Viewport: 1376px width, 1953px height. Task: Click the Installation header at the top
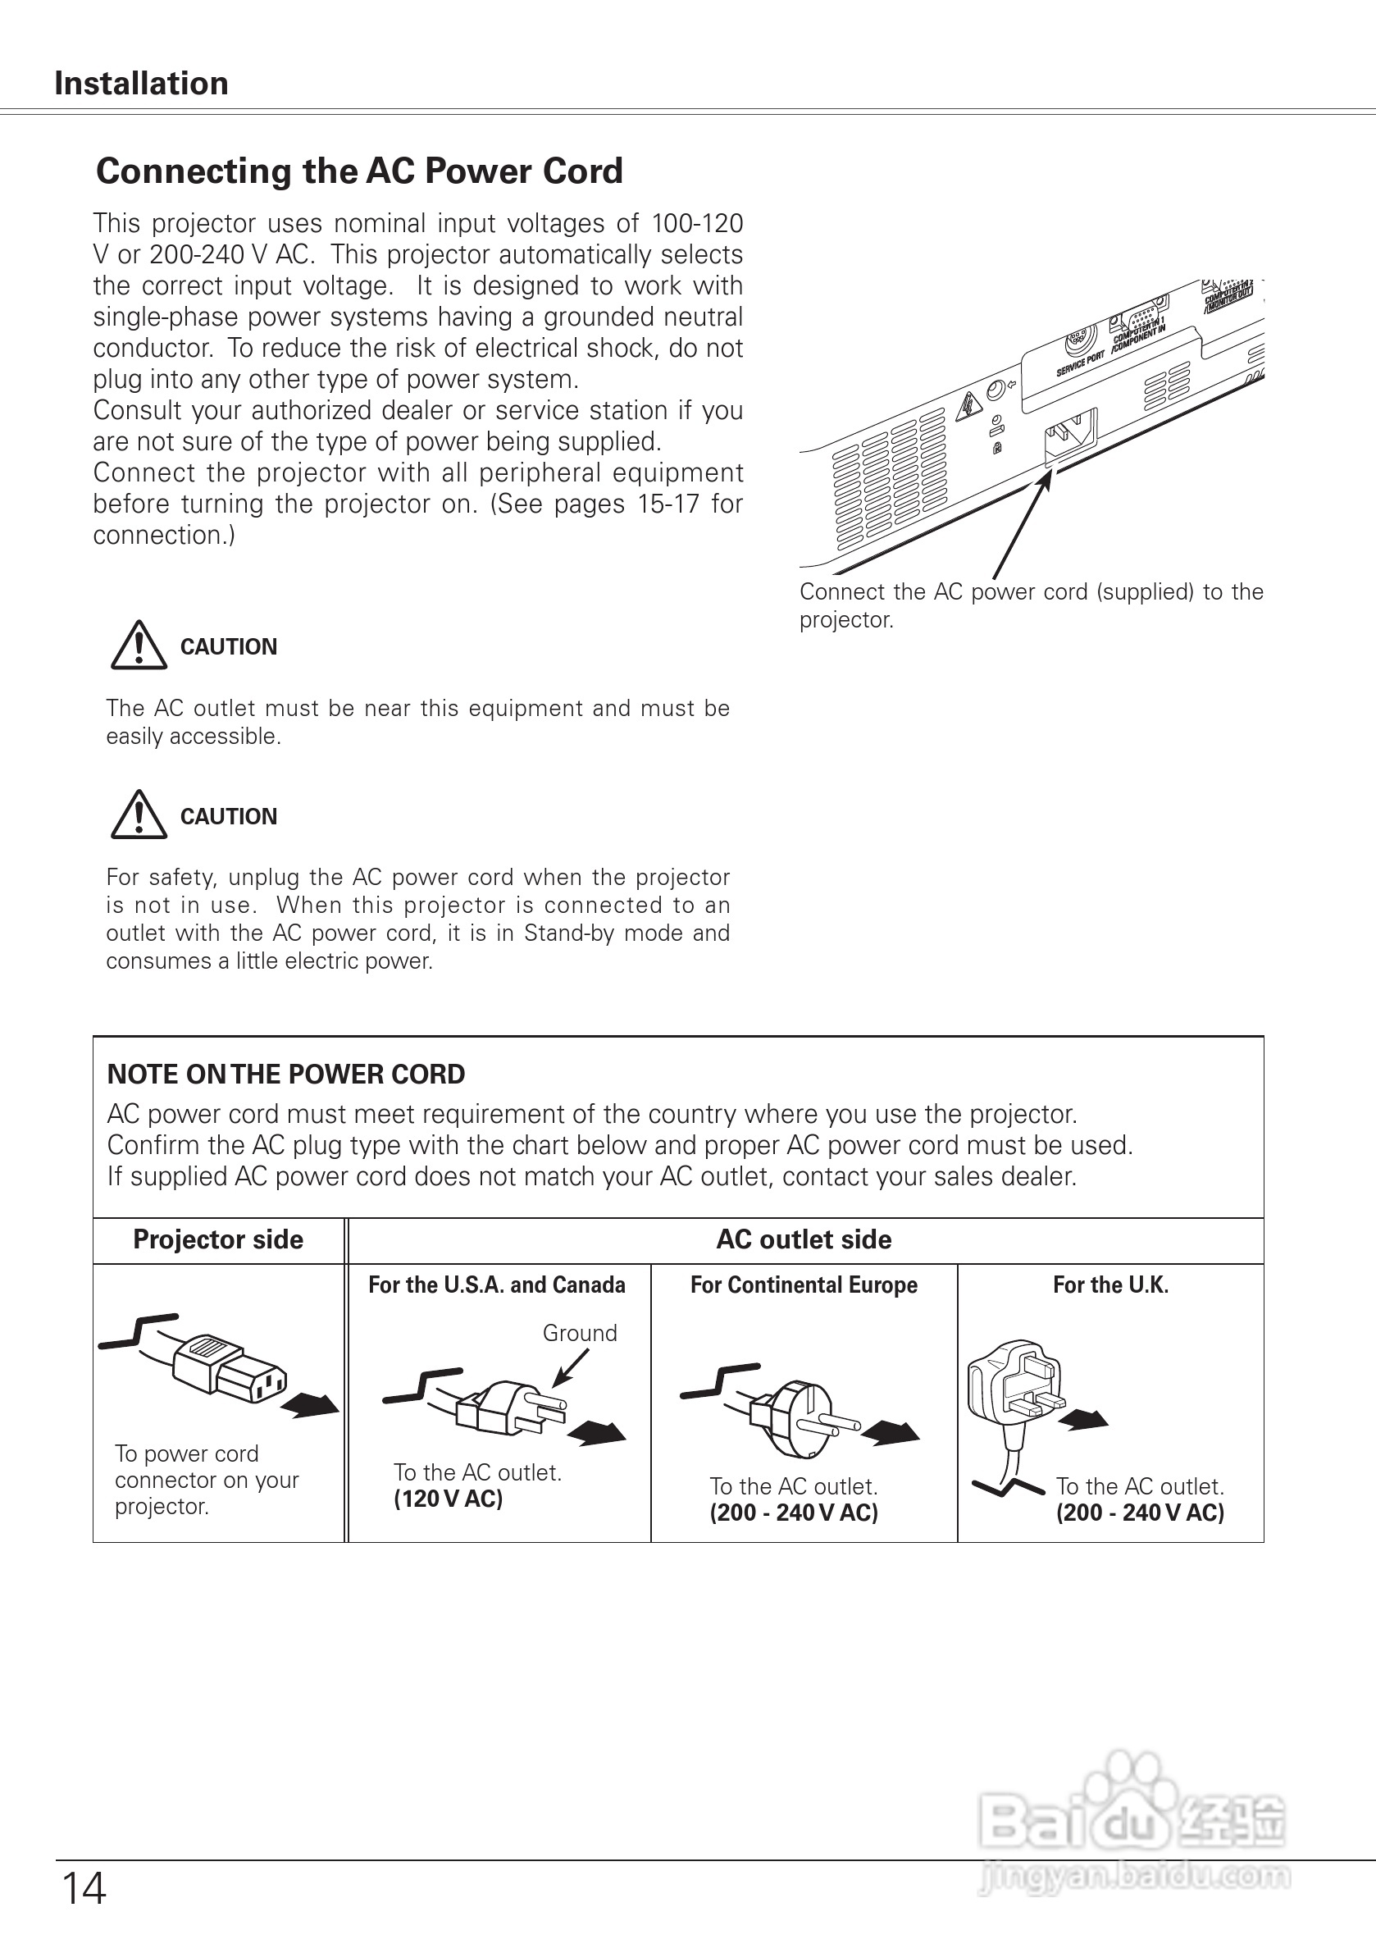click(x=141, y=84)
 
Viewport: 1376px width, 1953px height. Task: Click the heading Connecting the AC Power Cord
click(x=359, y=171)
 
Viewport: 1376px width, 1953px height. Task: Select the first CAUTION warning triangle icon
click(x=139, y=646)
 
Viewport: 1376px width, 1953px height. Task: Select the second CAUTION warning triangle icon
click(x=139, y=815)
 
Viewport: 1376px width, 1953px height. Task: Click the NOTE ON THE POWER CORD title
click(x=285, y=1075)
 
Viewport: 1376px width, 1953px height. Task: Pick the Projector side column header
click(x=217, y=1239)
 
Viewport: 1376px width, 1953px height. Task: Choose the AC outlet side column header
click(x=804, y=1239)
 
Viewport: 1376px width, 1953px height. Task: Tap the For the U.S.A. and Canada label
click(x=497, y=1285)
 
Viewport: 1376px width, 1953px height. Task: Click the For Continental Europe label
click(x=804, y=1285)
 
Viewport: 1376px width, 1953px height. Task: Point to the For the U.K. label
click(x=1110, y=1285)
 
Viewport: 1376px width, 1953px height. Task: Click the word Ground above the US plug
click(x=580, y=1333)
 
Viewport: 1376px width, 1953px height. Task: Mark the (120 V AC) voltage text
click(x=449, y=1499)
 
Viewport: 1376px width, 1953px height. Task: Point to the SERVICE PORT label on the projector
click(x=1080, y=363)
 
